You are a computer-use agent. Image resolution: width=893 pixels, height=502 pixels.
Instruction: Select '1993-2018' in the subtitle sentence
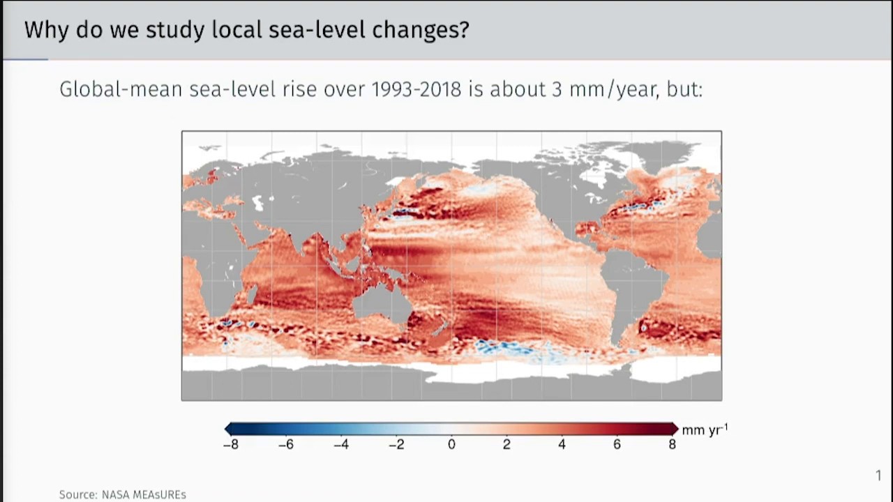coord(416,89)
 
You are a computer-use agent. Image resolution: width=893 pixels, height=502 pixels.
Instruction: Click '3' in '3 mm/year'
coord(557,89)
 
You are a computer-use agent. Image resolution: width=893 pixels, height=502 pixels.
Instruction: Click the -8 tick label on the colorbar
coord(230,444)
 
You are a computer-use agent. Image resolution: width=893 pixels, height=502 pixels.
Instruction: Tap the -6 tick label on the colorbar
coord(285,444)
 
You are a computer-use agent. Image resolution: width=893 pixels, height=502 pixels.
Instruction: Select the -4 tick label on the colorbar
coord(340,444)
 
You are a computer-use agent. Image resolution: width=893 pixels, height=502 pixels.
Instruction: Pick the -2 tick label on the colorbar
coord(396,444)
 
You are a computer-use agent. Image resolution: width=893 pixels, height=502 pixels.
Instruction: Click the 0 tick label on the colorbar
coord(451,444)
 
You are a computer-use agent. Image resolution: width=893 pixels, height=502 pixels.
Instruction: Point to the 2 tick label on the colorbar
coord(506,444)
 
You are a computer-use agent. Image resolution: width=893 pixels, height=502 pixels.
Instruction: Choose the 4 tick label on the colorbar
coord(562,444)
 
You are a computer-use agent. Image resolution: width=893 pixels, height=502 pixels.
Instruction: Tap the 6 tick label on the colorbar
coord(617,444)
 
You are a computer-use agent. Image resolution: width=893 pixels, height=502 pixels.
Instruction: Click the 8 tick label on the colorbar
coord(672,444)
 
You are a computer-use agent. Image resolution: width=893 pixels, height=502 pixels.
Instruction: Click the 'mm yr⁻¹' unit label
coord(704,429)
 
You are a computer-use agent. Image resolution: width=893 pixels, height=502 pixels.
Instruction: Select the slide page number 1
coord(878,476)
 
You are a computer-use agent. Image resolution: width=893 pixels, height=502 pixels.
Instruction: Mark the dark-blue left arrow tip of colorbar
coord(228,429)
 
